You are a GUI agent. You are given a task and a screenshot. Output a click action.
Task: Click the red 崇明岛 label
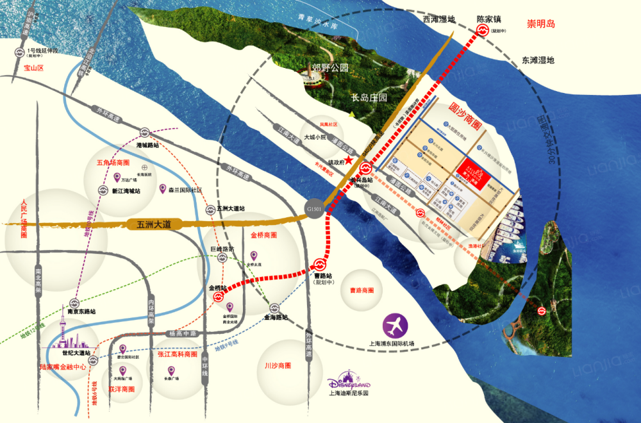click(x=540, y=24)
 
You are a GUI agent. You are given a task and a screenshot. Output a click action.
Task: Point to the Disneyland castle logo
click(x=344, y=379)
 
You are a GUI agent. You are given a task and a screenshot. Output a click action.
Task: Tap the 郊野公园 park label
click(x=329, y=67)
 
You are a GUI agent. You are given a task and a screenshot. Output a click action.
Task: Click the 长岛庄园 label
click(x=370, y=98)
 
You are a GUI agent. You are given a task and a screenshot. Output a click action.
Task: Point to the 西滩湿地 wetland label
click(x=439, y=19)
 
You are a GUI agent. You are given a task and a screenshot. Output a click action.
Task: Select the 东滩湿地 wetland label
click(x=538, y=60)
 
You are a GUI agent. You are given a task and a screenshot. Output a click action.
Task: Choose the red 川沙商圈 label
click(x=278, y=365)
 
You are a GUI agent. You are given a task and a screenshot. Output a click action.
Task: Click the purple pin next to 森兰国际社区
click(x=162, y=189)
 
